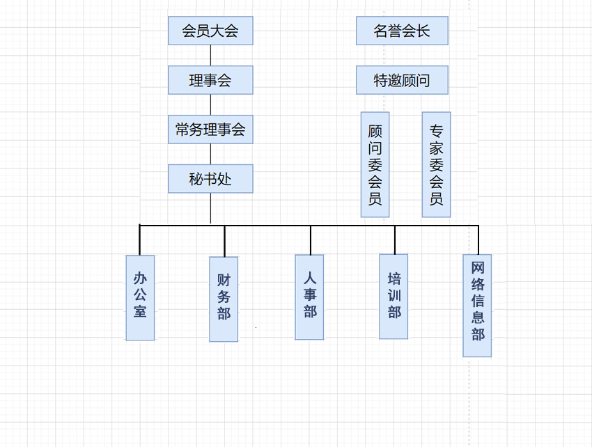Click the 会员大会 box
click(210, 31)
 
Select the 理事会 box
click(210, 80)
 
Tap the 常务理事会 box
click(210, 130)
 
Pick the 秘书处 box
click(210, 179)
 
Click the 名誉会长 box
click(402, 31)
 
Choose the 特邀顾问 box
click(402, 80)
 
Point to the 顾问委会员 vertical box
click(375, 164)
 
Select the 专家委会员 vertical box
click(436, 164)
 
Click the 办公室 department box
click(140, 297)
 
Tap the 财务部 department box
click(224, 299)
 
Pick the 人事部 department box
click(309, 297)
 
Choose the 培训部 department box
click(394, 296)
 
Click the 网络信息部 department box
click(477, 305)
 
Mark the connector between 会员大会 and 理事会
click(210, 55)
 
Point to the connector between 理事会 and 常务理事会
click(210, 104)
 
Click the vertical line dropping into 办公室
click(140, 240)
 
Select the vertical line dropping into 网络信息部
click(478, 240)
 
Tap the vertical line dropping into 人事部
click(311, 240)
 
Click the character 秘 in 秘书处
click(196, 179)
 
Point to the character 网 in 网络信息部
click(477, 268)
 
